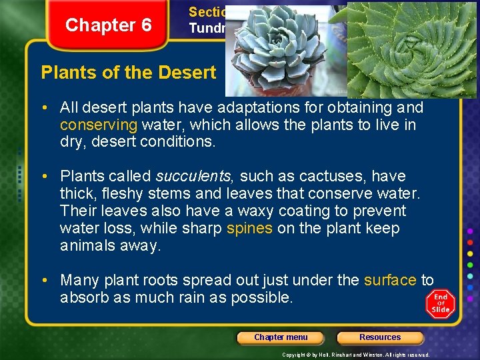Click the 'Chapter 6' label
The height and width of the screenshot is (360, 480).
tap(109, 25)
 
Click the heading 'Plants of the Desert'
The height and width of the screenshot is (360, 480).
tap(129, 73)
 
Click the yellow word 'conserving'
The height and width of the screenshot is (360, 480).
tap(99, 125)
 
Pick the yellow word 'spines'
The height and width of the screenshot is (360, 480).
tap(249, 229)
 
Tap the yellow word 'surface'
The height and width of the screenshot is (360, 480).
tap(390, 281)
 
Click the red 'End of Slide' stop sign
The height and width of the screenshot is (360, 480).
tap(441, 303)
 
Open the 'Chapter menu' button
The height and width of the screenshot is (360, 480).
tap(281, 337)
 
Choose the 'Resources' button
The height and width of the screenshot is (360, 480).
tap(380, 337)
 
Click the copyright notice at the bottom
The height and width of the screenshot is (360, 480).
tap(356, 355)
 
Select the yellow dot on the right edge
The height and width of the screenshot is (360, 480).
tap(471, 253)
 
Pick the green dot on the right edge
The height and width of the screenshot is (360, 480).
tap(471, 264)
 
